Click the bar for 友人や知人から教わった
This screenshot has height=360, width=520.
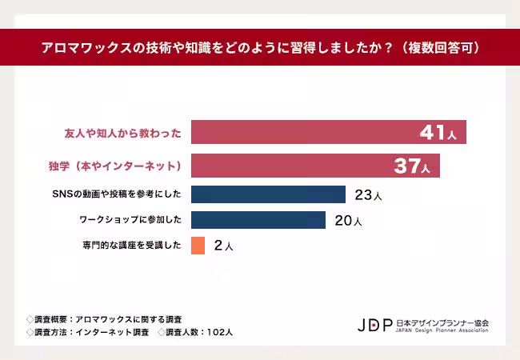[328, 132]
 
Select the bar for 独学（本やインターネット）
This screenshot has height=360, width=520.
[315, 166]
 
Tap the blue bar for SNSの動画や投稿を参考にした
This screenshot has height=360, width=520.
[268, 194]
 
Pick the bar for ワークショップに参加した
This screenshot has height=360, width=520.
[258, 220]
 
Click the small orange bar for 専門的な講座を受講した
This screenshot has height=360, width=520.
[198, 246]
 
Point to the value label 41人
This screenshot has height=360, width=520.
[438, 133]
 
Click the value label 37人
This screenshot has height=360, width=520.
[412, 166]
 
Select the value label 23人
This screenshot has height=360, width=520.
[368, 195]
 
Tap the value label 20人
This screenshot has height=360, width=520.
[348, 221]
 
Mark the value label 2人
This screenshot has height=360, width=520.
[223, 246]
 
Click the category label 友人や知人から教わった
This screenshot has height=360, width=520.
[122, 133]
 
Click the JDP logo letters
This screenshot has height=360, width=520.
[374, 325]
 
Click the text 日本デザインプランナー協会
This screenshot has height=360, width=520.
[442, 322]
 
